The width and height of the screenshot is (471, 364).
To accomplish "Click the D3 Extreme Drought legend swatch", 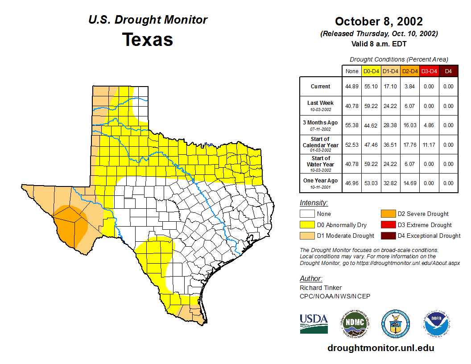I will (x=388, y=225).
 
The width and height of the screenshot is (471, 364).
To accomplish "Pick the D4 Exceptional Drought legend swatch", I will (x=388, y=236).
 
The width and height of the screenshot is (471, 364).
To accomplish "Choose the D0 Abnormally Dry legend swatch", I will (x=307, y=225).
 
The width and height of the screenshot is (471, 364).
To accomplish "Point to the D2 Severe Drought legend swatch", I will (x=388, y=214).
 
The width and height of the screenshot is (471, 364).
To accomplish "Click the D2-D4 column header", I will (x=409, y=71).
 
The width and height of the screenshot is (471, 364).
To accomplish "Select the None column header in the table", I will (x=352, y=71).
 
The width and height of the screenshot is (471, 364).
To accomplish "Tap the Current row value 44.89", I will (x=352, y=87).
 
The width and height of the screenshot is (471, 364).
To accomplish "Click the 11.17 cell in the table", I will (x=429, y=145).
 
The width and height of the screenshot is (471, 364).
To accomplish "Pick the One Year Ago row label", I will (x=320, y=181).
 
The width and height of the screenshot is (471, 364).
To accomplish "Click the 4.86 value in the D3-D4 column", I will (x=429, y=125).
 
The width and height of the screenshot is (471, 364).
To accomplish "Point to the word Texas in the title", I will (x=148, y=39).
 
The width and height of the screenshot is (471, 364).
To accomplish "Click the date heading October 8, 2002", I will (x=379, y=21).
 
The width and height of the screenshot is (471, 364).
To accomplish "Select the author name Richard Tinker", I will (x=321, y=288).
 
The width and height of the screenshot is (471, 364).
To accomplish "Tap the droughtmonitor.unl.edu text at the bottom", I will (x=380, y=348).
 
